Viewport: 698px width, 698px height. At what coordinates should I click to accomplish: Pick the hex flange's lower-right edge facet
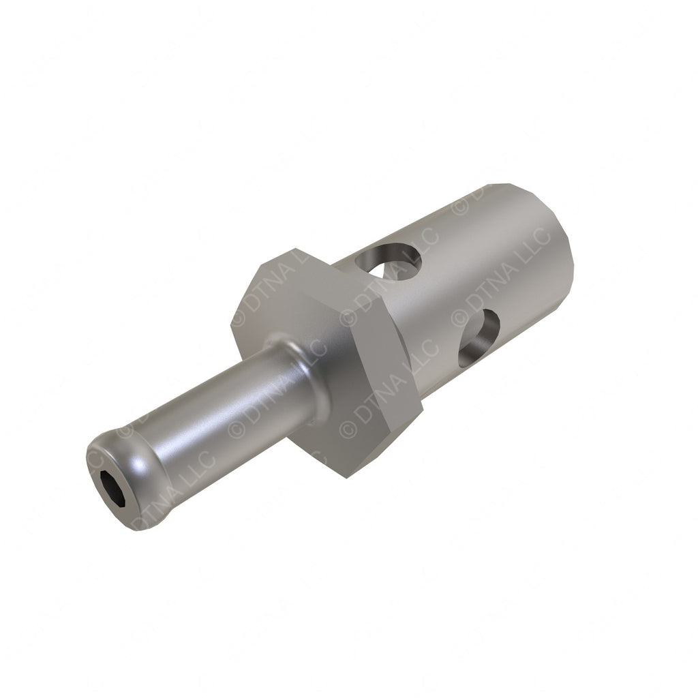click(x=389, y=443)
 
